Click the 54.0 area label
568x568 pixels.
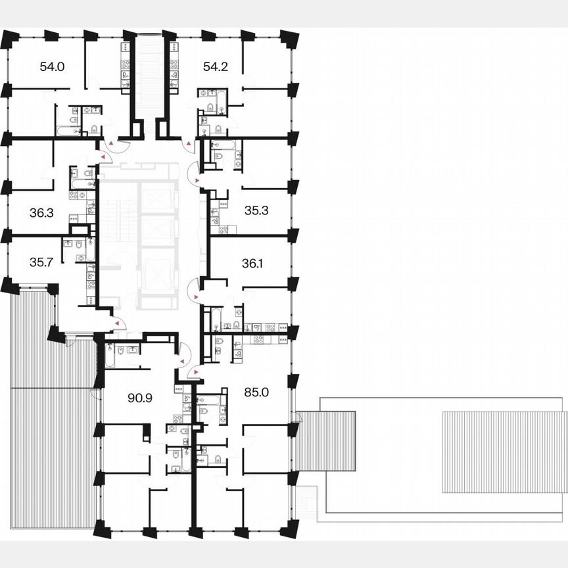coord(52,66)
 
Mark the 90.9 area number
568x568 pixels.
coord(139,396)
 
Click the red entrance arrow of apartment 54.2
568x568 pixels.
coord(189,142)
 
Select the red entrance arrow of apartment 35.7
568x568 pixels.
coord(116,323)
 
